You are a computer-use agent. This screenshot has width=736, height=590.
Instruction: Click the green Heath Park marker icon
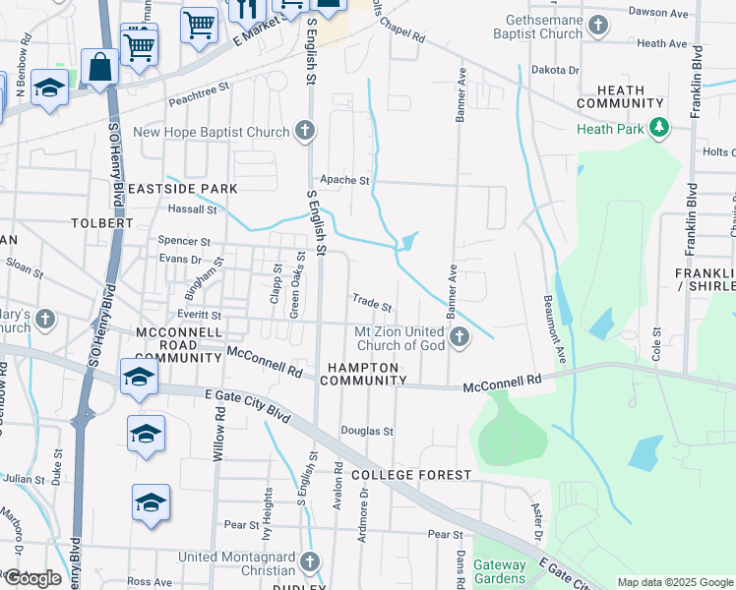pos(659,128)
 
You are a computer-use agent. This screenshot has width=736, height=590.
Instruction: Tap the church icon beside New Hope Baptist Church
pos(306,132)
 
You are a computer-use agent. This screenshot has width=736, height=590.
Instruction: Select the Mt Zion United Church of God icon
pos(459,338)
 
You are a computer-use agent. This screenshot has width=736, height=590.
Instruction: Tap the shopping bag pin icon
pos(99,68)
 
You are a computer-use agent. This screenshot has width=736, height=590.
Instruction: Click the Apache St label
pos(349,181)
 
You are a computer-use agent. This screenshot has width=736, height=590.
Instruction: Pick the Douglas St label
pos(367,431)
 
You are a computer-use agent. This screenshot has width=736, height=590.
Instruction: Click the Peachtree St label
pos(198,87)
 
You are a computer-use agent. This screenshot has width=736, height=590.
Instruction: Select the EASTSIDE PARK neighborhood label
pos(182,188)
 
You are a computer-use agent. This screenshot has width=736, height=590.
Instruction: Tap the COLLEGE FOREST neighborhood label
pos(412,475)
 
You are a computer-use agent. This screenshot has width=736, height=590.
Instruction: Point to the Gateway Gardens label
pos(500,571)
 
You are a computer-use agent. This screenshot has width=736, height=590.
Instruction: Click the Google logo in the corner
pos(32,578)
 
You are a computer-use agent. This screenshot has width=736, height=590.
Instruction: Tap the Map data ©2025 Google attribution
pos(674,582)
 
